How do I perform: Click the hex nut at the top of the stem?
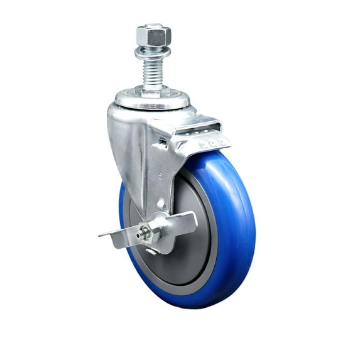point(153,35)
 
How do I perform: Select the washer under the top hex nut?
point(153,50)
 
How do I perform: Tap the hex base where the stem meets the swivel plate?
point(151,92)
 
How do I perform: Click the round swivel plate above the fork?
point(151,101)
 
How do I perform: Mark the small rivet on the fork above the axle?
point(161,204)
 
